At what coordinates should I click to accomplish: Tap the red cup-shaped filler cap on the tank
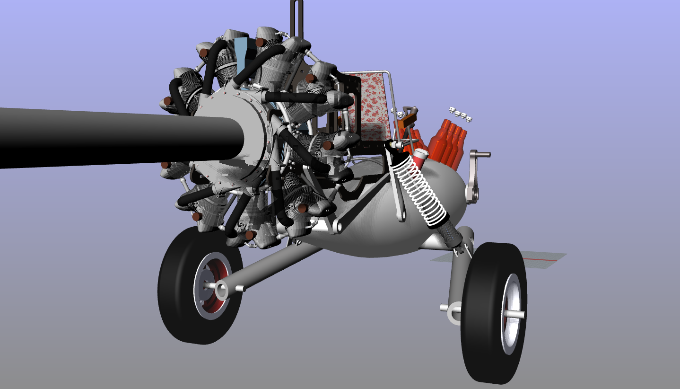tap(419, 154)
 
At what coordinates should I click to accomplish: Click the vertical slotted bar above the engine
tap(296, 19)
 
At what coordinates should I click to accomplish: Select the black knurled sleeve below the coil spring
tap(452, 235)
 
